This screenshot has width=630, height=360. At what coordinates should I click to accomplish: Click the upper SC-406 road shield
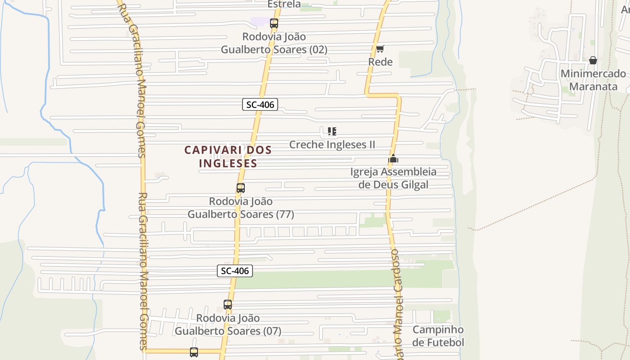(x=260, y=105)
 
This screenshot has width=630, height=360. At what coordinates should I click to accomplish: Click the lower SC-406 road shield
(x=234, y=271)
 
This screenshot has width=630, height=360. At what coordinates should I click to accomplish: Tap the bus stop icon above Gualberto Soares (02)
(x=274, y=23)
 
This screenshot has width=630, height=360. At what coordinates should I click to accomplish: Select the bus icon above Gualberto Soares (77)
(x=241, y=188)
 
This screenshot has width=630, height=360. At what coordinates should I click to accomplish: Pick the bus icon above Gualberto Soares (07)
(x=228, y=305)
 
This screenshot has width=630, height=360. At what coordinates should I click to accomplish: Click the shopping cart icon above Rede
(x=380, y=49)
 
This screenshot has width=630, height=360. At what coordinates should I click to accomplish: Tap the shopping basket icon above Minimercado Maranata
(x=593, y=60)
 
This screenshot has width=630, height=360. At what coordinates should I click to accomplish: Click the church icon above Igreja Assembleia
(x=393, y=158)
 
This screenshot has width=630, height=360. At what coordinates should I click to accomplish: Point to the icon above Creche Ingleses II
(x=332, y=131)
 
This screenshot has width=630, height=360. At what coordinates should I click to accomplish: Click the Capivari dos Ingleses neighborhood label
(x=228, y=156)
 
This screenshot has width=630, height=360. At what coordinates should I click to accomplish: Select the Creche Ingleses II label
(x=332, y=144)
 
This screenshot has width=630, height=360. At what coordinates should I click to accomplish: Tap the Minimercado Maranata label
(x=593, y=80)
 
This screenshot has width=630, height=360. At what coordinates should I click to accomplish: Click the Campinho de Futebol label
(x=438, y=336)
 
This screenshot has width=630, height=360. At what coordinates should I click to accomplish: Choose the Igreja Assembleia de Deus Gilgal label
(x=393, y=178)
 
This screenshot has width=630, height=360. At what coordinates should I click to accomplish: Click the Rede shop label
(x=380, y=62)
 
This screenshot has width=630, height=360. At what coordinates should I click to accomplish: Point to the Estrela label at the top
(x=284, y=4)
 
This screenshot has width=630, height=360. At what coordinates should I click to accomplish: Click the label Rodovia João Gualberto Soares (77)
(x=241, y=207)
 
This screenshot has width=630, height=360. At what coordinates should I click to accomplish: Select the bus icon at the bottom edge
(x=194, y=352)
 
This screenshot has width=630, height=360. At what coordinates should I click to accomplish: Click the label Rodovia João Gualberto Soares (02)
(x=274, y=43)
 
